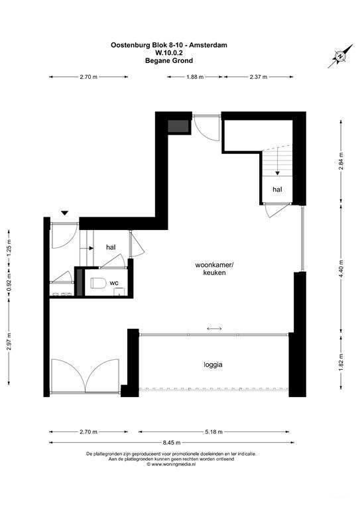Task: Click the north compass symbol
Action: [x=339, y=58]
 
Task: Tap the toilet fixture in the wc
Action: [x=99, y=284]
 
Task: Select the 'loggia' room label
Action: [x=213, y=364]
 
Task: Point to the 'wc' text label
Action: [x=114, y=283]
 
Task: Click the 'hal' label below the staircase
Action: [x=276, y=189]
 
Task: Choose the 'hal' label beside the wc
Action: [x=111, y=247]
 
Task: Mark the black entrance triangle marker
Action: [x=64, y=213]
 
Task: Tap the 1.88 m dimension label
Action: [x=194, y=77]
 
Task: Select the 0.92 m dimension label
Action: [x=9, y=285]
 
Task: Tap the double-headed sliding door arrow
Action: [x=214, y=329]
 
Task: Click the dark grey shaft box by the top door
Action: [x=177, y=126]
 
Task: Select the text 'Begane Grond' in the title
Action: [x=169, y=60]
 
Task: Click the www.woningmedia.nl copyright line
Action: [x=171, y=465]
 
